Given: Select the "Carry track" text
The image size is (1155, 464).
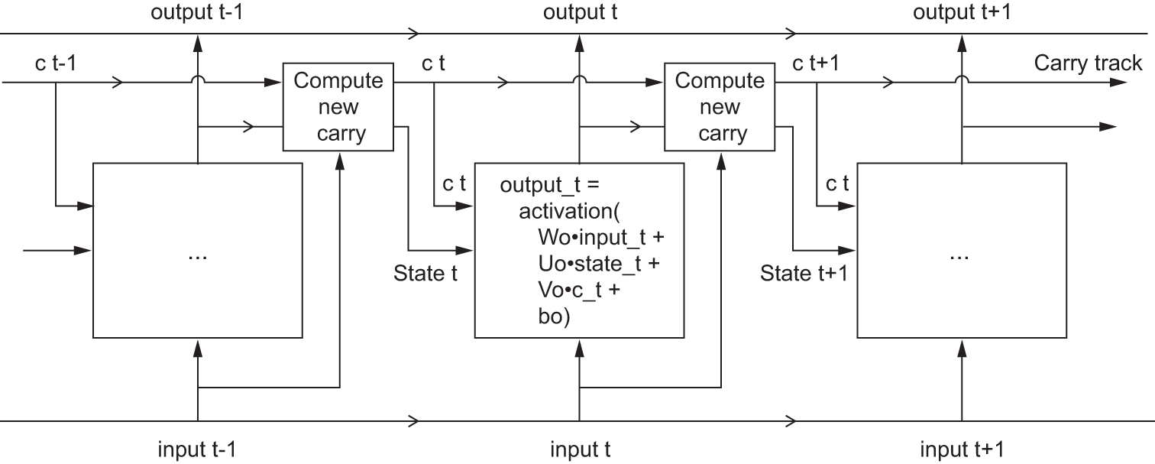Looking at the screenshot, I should click(1088, 63).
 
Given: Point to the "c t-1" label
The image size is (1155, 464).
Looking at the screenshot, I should click(55, 63).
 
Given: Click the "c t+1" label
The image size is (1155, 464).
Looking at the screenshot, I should click(816, 63).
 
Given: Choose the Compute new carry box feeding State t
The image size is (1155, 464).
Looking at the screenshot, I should click(338, 107).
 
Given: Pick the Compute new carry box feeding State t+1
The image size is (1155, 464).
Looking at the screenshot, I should click(720, 107).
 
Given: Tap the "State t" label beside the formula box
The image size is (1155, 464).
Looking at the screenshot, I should click(425, 273).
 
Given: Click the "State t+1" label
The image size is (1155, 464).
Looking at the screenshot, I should click(804, 273).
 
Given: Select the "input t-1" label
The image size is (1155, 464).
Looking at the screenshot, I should click(196, 449).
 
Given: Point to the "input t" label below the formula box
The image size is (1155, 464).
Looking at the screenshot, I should click(580, 449).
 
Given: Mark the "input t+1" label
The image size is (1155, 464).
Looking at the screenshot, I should click(962, 449).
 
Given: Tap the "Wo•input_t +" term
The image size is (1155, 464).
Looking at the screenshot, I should click(601, 238).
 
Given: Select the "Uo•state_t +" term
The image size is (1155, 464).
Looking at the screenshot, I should click(599, 264).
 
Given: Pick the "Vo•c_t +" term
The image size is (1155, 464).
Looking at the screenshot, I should click(581, 291).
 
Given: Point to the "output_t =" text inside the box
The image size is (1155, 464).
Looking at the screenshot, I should click(552, 185).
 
